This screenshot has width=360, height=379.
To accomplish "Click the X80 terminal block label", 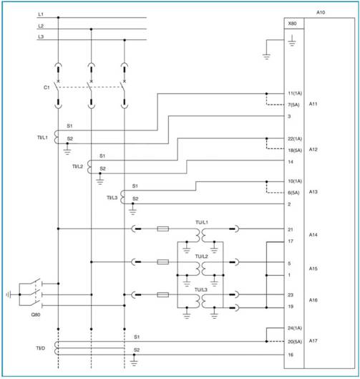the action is coord(292,24).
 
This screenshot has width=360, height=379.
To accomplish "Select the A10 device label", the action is coord(321,12).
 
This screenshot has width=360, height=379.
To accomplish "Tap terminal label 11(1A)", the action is coord(295,93).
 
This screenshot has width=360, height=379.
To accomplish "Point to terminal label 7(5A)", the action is coord(293,105).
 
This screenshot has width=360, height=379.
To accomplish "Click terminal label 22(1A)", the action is coord(295,139).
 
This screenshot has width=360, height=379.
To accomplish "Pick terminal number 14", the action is coord(291,162).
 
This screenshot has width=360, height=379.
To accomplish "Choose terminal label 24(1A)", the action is coord(295,328).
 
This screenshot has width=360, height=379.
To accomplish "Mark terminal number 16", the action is coord(291,355).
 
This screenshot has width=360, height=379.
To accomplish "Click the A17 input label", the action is coord(313,341).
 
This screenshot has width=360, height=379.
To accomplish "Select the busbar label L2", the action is coord(41,26).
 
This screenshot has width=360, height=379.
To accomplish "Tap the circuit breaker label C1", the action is coord(47,87).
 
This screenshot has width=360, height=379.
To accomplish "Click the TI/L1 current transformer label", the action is coord(42,138).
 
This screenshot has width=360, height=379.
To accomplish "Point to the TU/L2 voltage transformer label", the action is coord(201,256).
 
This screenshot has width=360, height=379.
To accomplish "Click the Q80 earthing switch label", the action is coord(36,315).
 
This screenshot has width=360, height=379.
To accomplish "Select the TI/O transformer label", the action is coord(40,348).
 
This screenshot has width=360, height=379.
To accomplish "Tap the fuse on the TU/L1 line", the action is coord(163,229).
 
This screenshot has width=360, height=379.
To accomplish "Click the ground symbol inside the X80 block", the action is coord(292,41).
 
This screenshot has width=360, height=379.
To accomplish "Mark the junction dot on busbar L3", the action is coord(125,40).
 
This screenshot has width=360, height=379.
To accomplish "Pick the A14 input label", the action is coord(313,234).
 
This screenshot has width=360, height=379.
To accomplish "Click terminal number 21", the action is coord(291,229).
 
